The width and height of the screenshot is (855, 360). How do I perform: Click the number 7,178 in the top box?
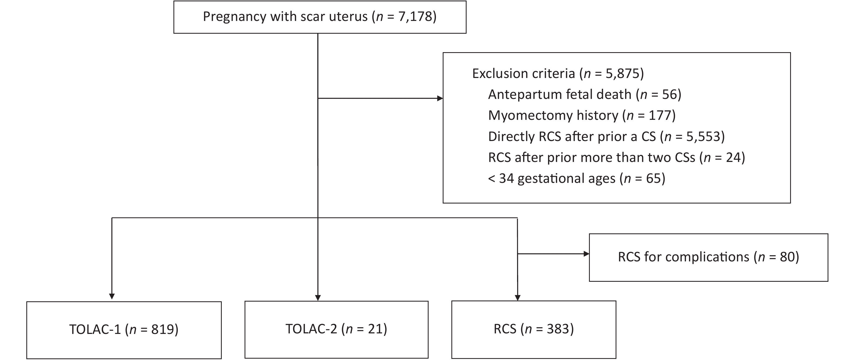(x=415, y=17)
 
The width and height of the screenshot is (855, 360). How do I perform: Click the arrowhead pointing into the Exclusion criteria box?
(x=440, y=98)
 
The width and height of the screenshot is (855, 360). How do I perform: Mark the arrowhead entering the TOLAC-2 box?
(x=318, y=298)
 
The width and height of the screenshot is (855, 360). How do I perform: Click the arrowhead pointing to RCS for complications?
(x=587, y=254)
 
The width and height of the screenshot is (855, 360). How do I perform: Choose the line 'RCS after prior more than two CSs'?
(x=617, y=157)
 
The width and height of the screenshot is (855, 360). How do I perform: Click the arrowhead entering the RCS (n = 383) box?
(x=517, y=298)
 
